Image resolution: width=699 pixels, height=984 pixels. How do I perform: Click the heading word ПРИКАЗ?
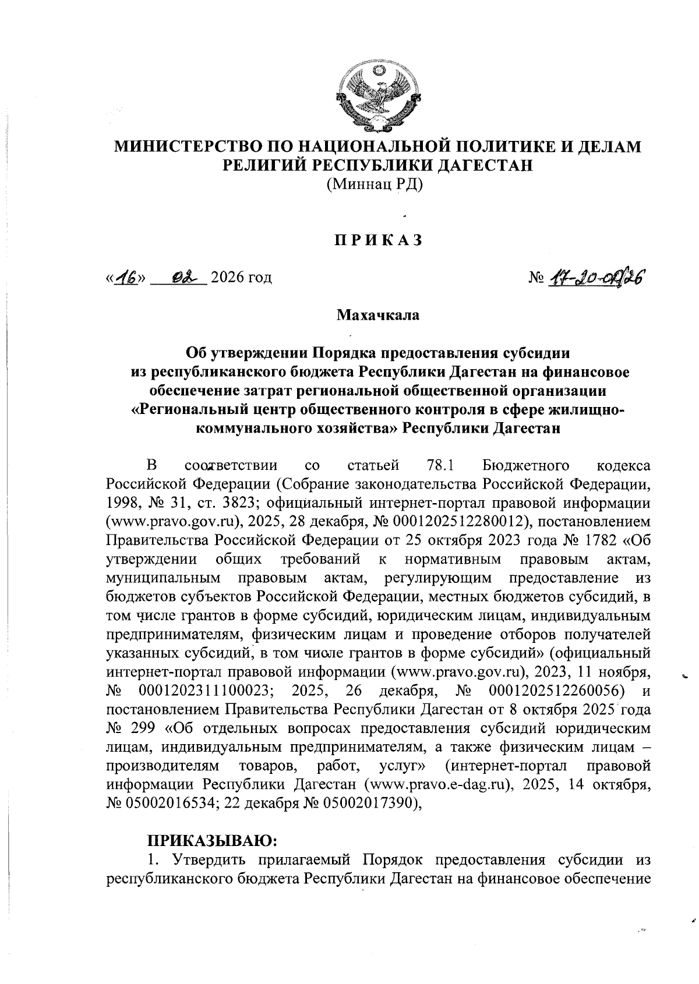[x=377, y=240]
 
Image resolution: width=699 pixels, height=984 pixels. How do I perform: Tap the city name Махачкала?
[x=377, y=316]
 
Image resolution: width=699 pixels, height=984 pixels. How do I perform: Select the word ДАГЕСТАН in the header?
[x=485, y=165]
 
